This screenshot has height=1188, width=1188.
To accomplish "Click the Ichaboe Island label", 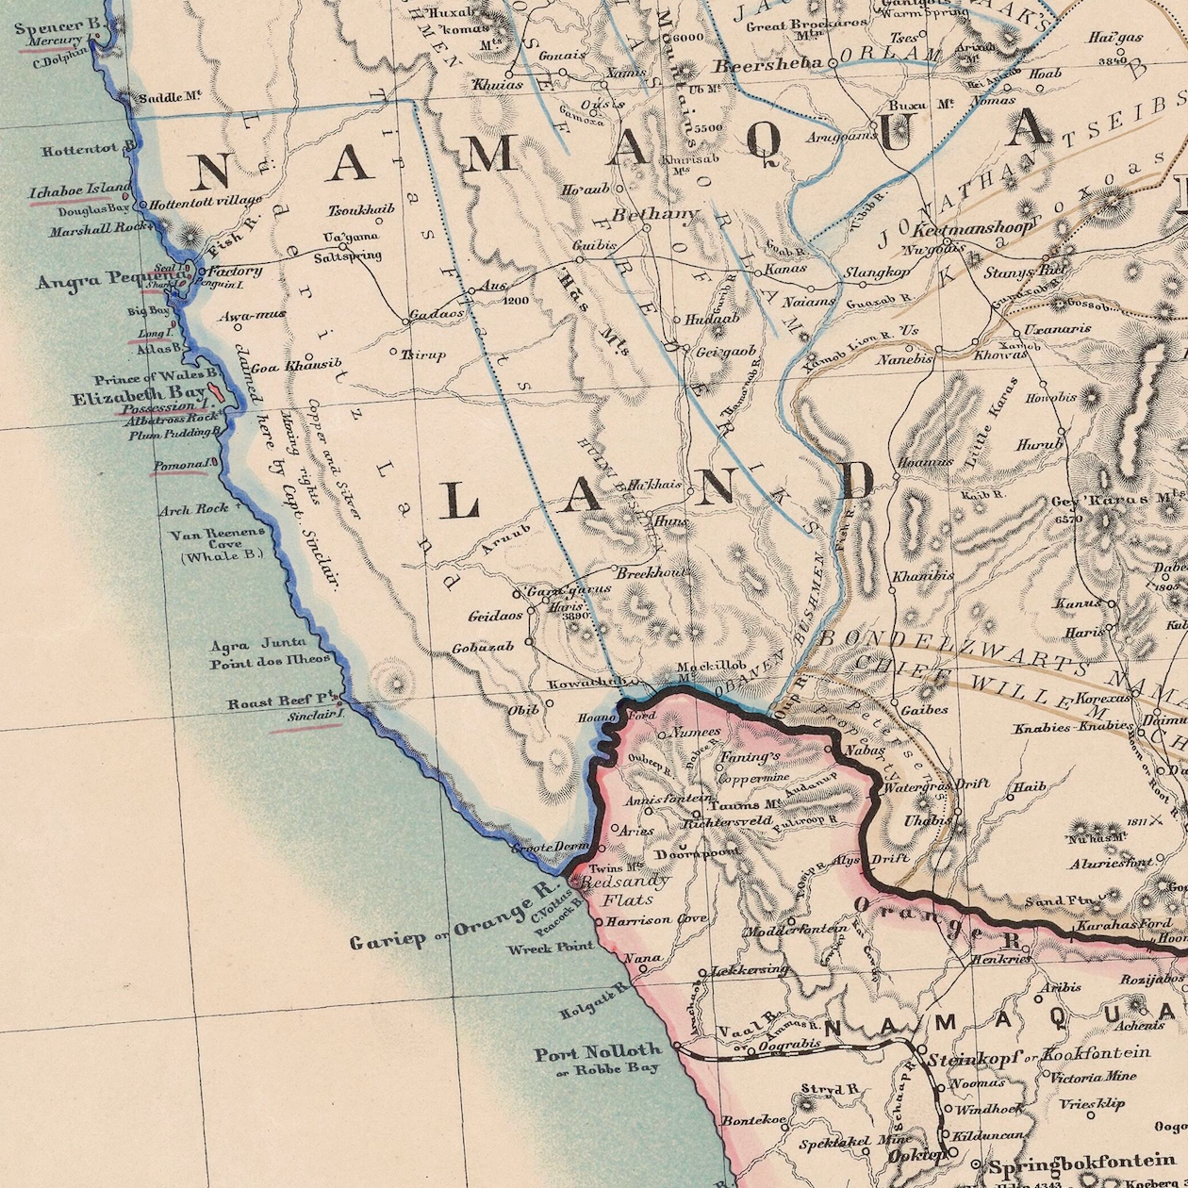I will (x=80, y=190).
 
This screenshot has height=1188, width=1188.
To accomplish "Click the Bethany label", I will (x=654, y=215).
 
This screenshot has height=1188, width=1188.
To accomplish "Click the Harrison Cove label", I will (x=656, y=919).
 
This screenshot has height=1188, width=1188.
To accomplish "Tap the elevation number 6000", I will (x=688, y=38).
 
